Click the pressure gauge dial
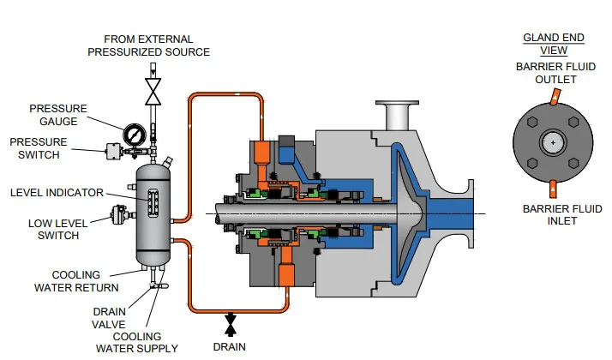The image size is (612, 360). (x=135, y=135)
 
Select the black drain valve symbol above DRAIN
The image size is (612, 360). (x=229, y=323)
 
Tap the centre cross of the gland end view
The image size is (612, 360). (x=553, y=141)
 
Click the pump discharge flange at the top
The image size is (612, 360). (x=397, y=111)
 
